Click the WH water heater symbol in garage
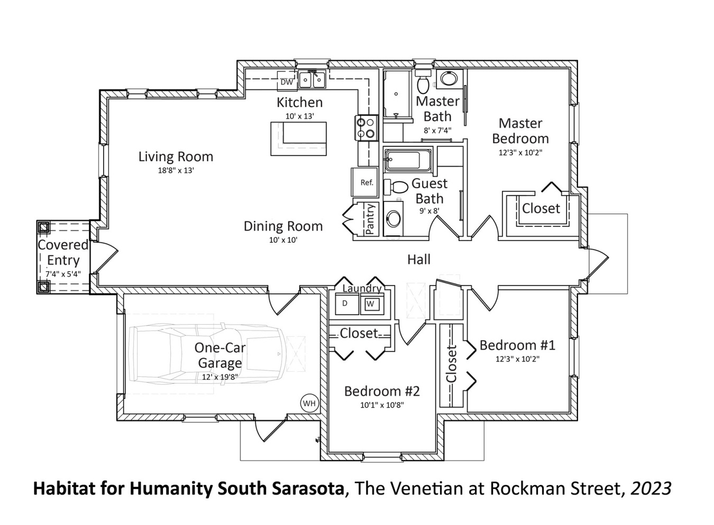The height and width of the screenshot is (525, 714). pos(309,403)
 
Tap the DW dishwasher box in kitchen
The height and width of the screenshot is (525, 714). pos(286,82)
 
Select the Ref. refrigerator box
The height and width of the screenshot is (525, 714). pos(367,182)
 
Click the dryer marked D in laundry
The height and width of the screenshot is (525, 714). pos(345,303)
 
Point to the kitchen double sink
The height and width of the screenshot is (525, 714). pos(312,80)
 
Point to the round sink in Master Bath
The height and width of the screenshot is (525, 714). pos(450,79)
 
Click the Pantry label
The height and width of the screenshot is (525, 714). pos(370,219)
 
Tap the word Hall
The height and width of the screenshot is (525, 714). pos(418,259)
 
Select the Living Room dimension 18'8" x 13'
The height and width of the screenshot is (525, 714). pos(176,170)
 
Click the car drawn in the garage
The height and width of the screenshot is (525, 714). pos(206,353)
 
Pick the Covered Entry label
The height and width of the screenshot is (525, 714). pos(63,252)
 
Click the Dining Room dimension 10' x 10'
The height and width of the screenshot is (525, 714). pos(283,240)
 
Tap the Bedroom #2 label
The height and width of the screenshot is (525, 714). pos(381,391)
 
